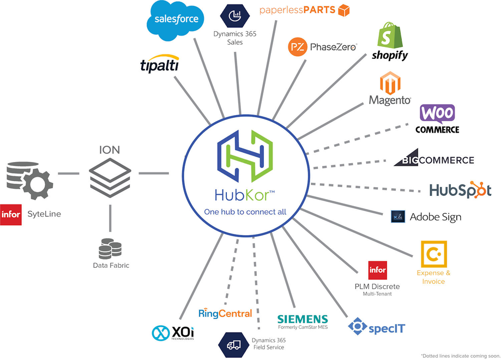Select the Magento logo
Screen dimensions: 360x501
coord(390,89)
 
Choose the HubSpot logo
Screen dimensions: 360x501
coord(460,190)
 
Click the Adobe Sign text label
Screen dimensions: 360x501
coord(435,217)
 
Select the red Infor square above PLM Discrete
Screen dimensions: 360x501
coord(377,269)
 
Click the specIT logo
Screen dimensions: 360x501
coord(377,327)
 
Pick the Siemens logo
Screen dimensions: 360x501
coord(303,319)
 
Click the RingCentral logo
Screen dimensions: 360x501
coord(225,313)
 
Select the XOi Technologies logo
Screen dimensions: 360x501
coord(173,332)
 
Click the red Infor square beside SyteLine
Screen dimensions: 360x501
coord(11,214)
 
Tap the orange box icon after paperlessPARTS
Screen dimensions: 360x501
coord(343,10)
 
